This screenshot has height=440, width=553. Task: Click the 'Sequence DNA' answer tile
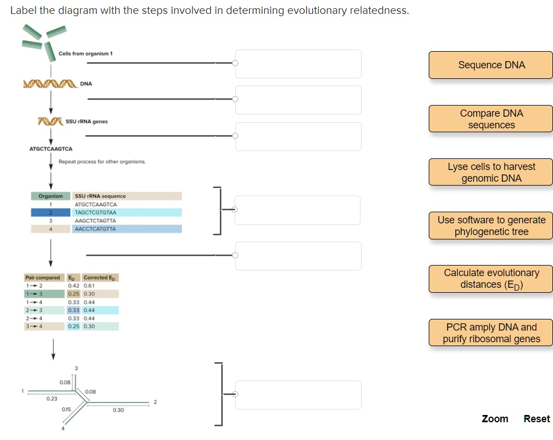coord(491,65)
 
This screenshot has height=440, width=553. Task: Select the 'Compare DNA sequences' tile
coord(491,119)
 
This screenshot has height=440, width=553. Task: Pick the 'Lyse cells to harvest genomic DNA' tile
coord(491,172)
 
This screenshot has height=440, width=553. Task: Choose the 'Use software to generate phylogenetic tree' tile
coord(491,226)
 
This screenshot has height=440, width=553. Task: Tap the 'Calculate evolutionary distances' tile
coord(491,279)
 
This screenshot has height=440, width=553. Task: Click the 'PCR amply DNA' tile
coord(491,333)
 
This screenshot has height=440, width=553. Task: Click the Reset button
coord(536,419)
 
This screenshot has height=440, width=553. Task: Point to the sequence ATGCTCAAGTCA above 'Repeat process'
coord(50,149)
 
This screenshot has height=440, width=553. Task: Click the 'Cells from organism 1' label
coord(85,53)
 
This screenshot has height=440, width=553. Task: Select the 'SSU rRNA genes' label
coord(87,121)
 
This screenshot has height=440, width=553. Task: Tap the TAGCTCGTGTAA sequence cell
coord(95,213)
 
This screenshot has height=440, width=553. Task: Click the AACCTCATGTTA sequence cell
coord(95,229)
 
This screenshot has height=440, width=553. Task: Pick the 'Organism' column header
coord(50,196)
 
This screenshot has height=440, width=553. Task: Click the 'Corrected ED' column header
coord(100,277)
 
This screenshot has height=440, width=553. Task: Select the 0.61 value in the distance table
coord(89,286)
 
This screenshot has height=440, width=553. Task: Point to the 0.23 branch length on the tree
coord(52,398)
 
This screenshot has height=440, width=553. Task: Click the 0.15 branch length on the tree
coord(66,409)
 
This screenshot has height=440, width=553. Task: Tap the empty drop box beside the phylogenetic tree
coord(298,395)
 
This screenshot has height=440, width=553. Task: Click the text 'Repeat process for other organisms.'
coord(102,162)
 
